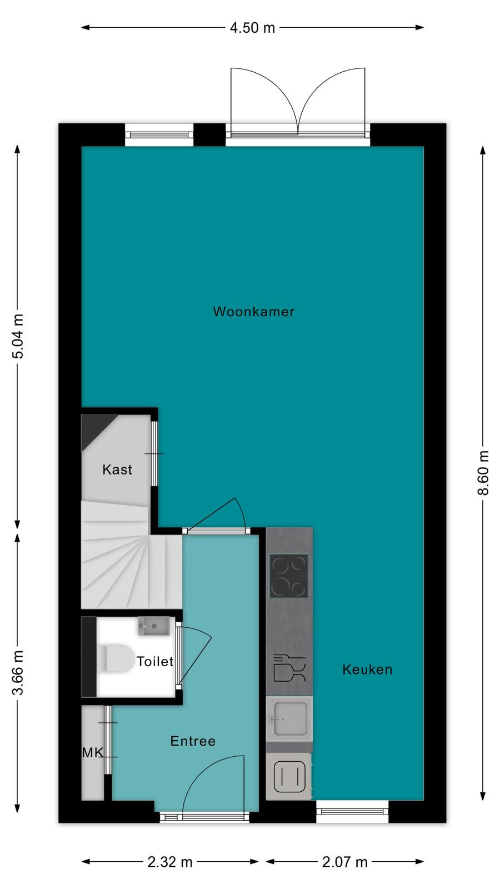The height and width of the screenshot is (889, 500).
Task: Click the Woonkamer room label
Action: point(253,312)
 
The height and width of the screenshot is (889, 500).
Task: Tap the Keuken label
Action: point(367,670)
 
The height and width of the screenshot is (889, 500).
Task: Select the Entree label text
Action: point(193,741)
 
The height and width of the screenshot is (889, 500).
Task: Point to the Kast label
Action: point(117,470)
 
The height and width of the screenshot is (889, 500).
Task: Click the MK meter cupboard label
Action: point(92,752)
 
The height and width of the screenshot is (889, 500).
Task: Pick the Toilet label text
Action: point(155,661)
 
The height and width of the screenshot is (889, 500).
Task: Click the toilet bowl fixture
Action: point(115,659)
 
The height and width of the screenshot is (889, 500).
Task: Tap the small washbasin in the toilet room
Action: point(154,626)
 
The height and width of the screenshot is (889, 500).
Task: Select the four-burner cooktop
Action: point(288,576)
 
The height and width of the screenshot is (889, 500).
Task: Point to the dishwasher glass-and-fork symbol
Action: point(289,668)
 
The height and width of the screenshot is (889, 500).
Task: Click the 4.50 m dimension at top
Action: point(252,28)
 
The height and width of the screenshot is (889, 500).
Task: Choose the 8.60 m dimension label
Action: point(483,473)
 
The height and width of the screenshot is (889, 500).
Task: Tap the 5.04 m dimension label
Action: point(17,336)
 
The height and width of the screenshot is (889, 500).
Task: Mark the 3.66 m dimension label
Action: point(17,673)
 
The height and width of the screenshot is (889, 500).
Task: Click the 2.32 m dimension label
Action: point(170,862)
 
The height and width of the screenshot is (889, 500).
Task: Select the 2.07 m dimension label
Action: point(344,862)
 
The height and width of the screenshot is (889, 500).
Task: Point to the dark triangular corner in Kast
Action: point(93,427)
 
